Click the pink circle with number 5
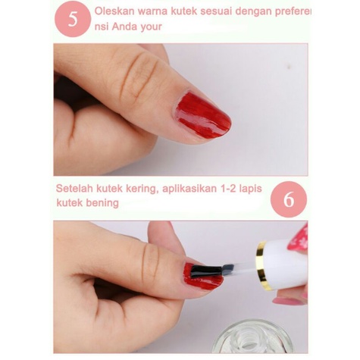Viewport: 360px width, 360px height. pyautogui.click(x=73, y=19)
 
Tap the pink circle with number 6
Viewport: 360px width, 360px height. pyautogui.click(x=289, y=199)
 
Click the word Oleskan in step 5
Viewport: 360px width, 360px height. pyautogui.click(x=114, y=12)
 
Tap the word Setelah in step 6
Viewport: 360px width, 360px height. pyautogui.click(x=75, y=188)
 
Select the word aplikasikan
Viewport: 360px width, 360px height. pyautogui.click(x=191, y=188)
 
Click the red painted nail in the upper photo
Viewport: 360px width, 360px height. pyautogui.click(x=202, y=114)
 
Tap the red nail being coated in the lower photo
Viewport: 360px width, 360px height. pyautogui.click(x=202, y=274)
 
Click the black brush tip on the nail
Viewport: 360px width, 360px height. pyautogui.click(x=205, y=269)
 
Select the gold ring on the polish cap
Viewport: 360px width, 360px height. pyautogui.click(x=262, y=265)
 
